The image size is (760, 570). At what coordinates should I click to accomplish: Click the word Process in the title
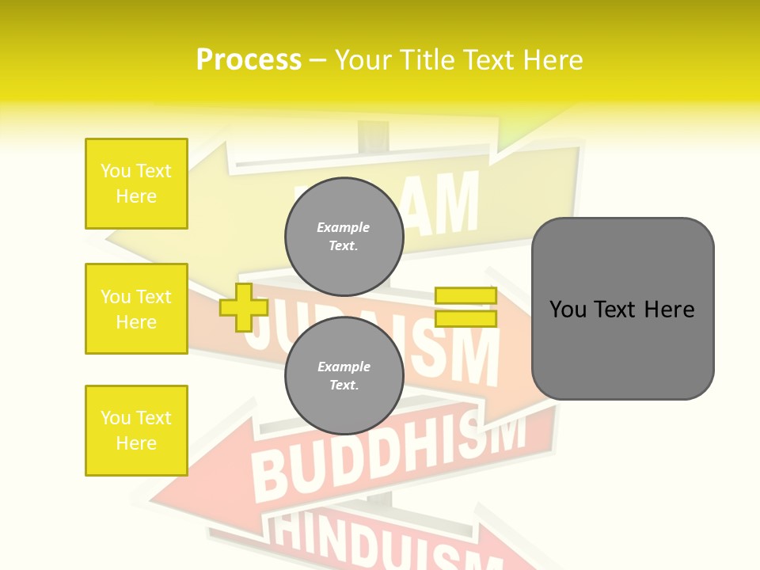pos(249,60)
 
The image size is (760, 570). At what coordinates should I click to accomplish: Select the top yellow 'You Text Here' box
pos(136,184)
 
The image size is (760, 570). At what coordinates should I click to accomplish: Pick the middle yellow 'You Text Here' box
pos(136,309)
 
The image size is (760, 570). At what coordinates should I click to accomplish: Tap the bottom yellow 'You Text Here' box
pos(136,431)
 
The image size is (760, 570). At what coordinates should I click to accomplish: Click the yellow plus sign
pos(243,307)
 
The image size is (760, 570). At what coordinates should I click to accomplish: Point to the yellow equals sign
pos(466,307)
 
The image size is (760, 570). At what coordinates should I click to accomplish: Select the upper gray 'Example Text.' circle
pos(344,236)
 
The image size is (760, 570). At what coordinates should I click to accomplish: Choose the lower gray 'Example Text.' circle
pos(344,375)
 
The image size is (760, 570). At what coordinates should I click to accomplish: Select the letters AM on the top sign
pos(448,204)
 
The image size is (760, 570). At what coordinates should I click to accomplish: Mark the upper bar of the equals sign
pos(466,296)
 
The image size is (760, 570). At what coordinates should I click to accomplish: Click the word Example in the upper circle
pos(344,227)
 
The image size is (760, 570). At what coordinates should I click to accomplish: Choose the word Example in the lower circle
pos(344,367)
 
